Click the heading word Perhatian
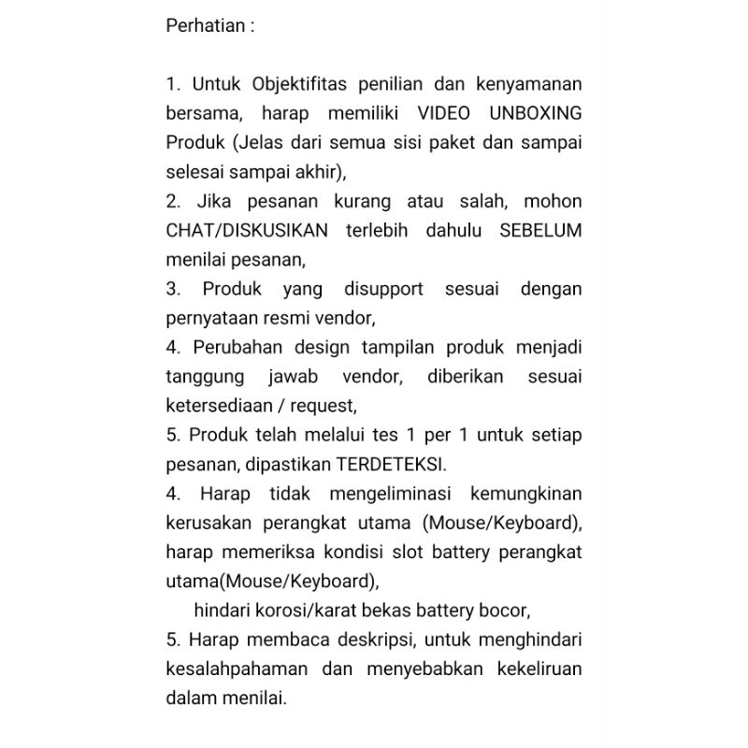point(204,26)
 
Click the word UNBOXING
point(535,113)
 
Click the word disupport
point(375,289)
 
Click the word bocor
point(506,611)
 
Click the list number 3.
point(172,289)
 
